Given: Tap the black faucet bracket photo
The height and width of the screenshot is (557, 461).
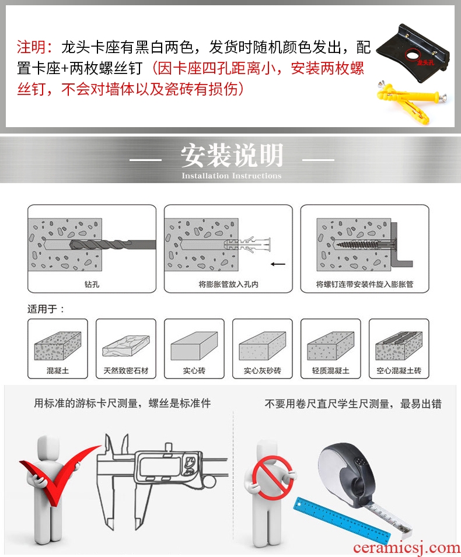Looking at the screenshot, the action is coord(413,53).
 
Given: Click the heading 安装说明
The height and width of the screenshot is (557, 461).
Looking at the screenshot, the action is coord(232,156).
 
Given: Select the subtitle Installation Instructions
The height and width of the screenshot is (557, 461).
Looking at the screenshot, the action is coord(232,176).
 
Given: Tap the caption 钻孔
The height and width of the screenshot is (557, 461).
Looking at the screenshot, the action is coord(92,284).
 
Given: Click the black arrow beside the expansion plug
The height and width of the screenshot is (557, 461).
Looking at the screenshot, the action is coord(278,264).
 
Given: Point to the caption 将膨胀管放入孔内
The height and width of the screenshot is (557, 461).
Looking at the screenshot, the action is coord(228,284).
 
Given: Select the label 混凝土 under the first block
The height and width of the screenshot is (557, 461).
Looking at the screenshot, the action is coord(58,370).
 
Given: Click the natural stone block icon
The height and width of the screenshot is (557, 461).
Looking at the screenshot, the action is coord(126,345).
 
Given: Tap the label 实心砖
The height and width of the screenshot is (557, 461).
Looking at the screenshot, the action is coord(194,370).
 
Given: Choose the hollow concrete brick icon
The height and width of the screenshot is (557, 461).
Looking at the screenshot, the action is coord(399,346).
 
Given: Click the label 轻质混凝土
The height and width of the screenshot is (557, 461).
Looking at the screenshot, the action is coord(330,370).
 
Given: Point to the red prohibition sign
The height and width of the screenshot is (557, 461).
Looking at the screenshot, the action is coord(273,478).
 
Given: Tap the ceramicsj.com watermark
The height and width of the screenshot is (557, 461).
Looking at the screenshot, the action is coord(407,548).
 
